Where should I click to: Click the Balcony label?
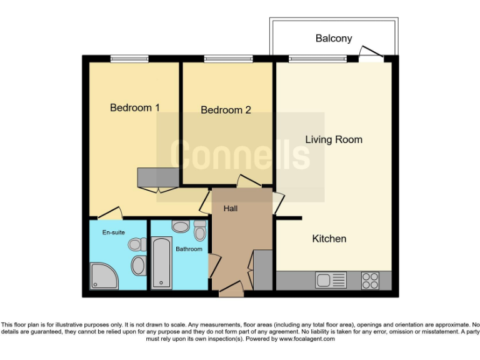click(333, 39)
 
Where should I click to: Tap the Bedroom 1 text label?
click(134, 107)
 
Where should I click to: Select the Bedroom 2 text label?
click(226, 110)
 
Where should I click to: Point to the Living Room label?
click(333, 139)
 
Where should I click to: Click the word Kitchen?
click(329, 239)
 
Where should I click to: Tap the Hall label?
click(230, 208)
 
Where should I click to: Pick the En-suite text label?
click(114, 232)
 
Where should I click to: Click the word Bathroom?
click(189, 249)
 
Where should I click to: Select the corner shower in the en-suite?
click(102, 276)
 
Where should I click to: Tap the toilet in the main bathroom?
click(199, 232)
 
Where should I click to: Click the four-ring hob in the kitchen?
click(369, 281)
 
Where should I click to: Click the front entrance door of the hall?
click(231, 289)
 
